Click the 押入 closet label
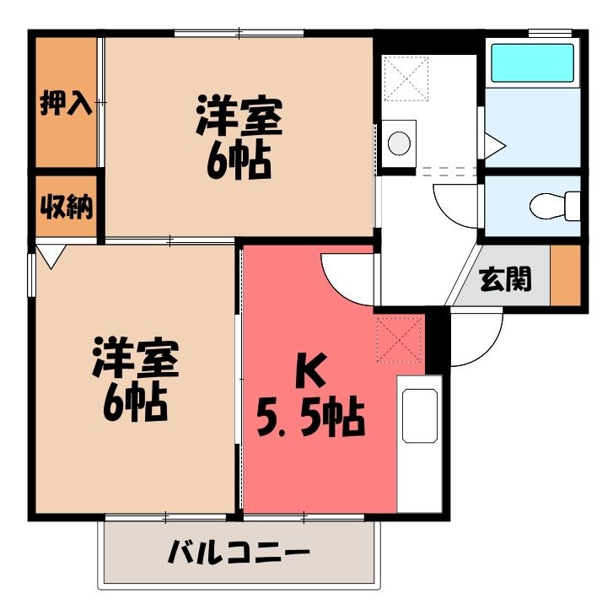pos(67,103)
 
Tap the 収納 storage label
pos(67,207)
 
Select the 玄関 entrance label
pos(506,279)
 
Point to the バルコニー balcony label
pos(239,552)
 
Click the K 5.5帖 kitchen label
pos(311,395)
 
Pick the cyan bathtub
pos(533,62)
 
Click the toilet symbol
pos(555,206)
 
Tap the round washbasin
pos(399,143)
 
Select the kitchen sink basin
pos(420,416)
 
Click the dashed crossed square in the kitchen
pos(400,340)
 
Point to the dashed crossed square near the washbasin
pos(406,78)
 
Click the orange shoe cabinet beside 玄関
pos(565,275)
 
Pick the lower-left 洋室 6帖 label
pos(135,379)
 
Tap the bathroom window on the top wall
pos(550,33)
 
